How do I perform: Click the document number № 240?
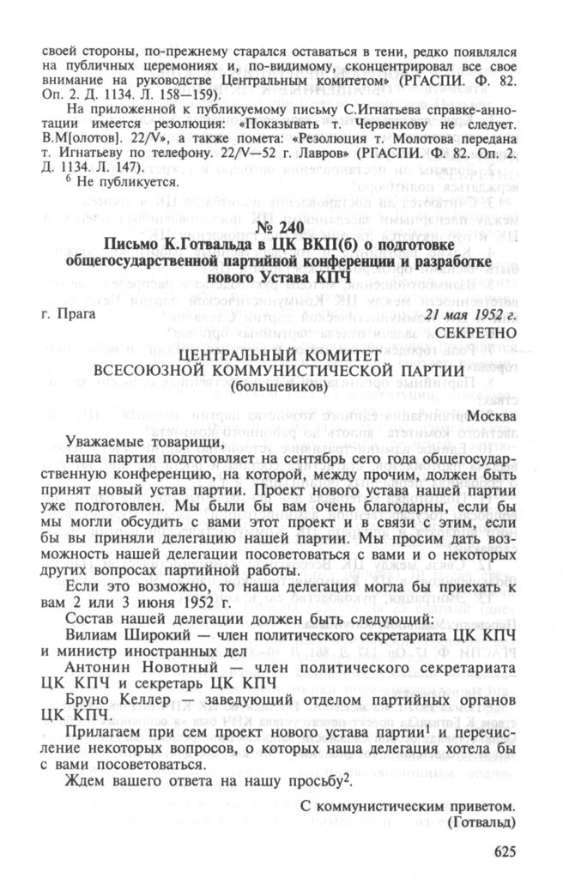tap(280, 227)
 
